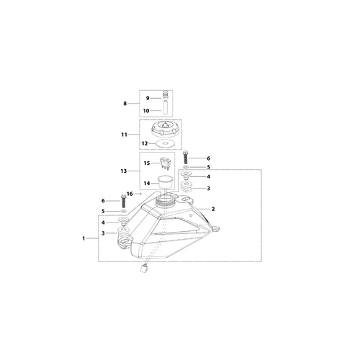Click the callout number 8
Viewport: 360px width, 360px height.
[125, 104]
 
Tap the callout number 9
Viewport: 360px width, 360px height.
[148, 98]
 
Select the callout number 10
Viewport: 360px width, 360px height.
[146, 111]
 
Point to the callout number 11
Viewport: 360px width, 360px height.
[124, 135]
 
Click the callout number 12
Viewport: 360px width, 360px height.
[145, 143]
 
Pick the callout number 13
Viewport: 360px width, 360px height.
[124, 171]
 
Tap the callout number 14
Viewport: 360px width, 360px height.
[147, 184]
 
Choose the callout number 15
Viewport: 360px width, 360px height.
[147, 163]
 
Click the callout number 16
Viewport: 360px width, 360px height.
[130, 194]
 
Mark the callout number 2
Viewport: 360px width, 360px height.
[213, 209]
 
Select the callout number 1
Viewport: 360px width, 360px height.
[84, 238]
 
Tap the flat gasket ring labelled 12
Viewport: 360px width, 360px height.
[164, 143]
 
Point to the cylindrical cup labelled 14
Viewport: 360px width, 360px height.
[164, 184]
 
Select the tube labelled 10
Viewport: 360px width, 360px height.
[166, 108]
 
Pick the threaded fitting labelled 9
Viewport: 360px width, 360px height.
[165, 94]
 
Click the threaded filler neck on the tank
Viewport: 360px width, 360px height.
[165, 201]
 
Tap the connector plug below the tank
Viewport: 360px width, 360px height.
[145, 267]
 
